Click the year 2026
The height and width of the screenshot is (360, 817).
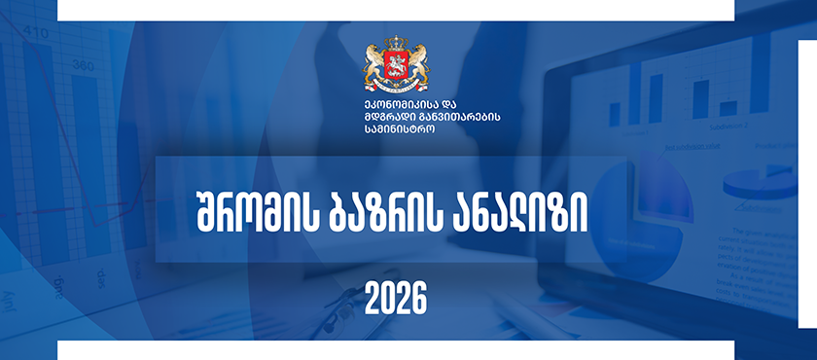click(396, 299)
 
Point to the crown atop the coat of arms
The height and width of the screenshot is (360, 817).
click(397, 43)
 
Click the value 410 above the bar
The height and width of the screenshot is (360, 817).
click(36, 34)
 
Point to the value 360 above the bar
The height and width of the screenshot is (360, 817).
click(84, 65)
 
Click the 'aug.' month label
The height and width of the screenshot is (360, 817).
click(61, 286)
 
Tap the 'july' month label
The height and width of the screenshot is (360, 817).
click(10, 303)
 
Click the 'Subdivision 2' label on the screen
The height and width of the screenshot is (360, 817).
click(728, 126)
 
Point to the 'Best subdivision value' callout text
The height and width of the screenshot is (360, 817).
click(693, 146)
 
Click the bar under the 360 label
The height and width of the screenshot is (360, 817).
click(90, 165)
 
